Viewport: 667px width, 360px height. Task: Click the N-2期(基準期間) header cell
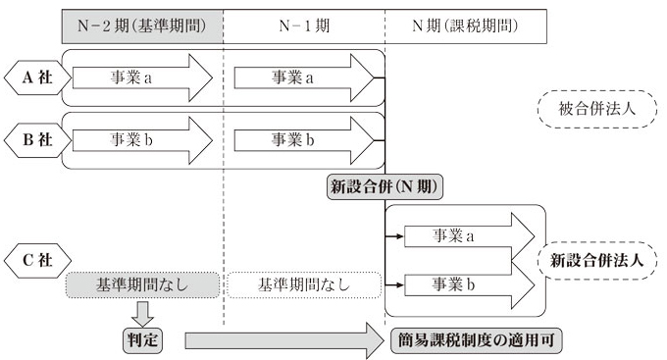pyautogui.click(x=142, y=23)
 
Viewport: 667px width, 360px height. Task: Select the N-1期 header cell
pyautogui.click(x=303, y=23)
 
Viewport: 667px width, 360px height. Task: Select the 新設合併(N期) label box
pyautogui.click(x=385, y=185)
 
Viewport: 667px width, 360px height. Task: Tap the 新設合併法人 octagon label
pyautogui.click(x=595, y=261)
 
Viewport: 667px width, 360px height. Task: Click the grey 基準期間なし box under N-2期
pyautogui.click(x=142, y=285)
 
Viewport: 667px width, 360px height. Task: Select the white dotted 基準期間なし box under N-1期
pyautogui.click(x=303, y=285)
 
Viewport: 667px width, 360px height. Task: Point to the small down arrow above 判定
pyautogui.click(x=142, y=313)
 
